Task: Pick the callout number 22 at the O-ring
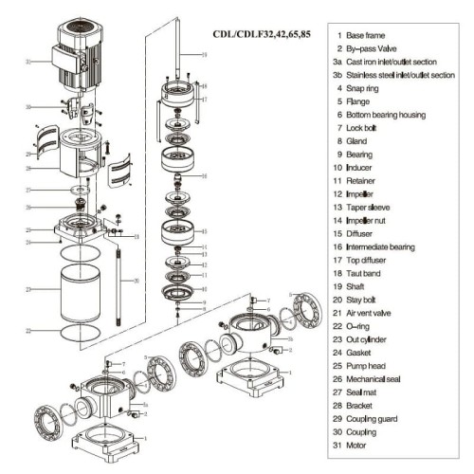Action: [x=28, y=330]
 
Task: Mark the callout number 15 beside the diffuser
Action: [x=205, y=229]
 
